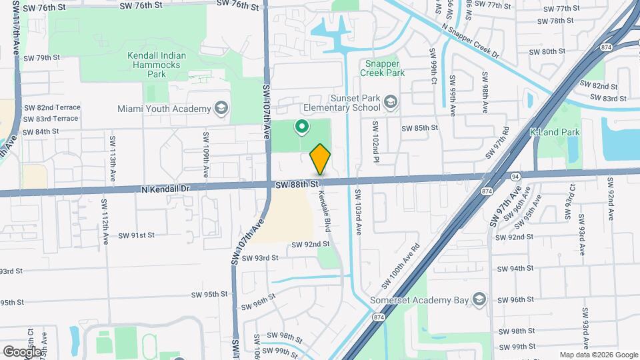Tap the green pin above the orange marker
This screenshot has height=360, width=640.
tap(301, 125)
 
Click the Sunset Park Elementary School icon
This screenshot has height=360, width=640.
tap(390, 102)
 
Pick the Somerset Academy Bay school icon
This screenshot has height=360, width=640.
tap(479, 299)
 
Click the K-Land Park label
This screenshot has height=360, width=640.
tap(554, 132)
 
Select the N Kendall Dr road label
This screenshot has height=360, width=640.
tap(166, 189)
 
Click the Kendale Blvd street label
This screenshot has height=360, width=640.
tap(326, 208)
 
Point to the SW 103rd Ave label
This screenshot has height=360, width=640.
tap(358, 211)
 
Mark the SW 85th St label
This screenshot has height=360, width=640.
tap(419, 127)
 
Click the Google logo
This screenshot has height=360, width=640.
tap(22, 351)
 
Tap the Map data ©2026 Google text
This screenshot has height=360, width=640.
tap(597, 355)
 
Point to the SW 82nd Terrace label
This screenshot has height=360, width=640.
tap(52, 107)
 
